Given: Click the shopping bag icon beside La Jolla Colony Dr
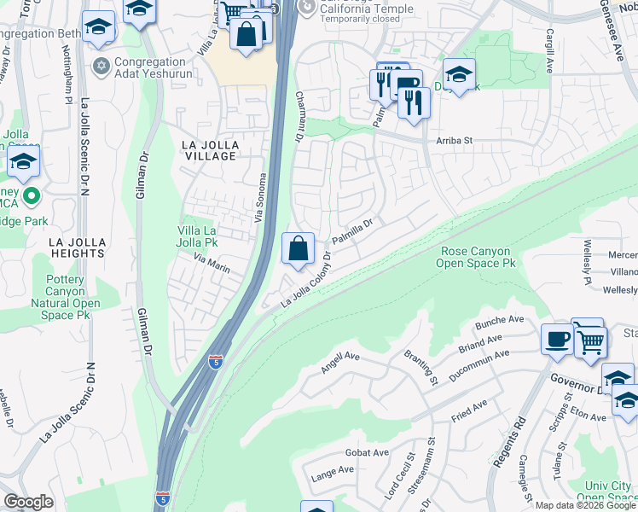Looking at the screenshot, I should [x=299, y=249].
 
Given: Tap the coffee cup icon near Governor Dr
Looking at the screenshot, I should [x=557, y=338].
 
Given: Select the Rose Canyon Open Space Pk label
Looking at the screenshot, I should [x=476, y=258].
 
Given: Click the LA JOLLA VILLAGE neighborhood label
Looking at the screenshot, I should [x=209, y=151].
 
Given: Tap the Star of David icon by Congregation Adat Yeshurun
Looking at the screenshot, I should [x=101, y=66].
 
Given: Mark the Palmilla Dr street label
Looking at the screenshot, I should [x=352, y=230].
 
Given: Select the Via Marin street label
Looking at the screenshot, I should [x=212, y=262].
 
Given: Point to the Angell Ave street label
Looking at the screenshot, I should [x=342, y=364].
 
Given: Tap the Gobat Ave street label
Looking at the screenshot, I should [x=367, y=452].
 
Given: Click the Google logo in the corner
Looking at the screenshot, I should [x=28, y=502].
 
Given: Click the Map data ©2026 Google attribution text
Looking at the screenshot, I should [x=584, y=505].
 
